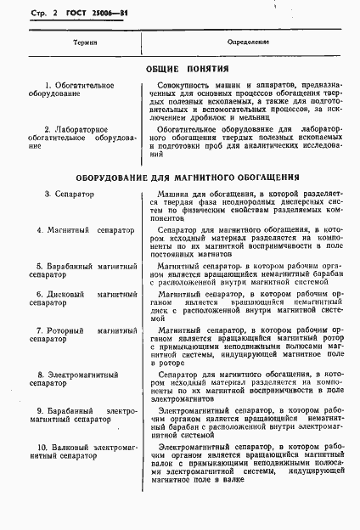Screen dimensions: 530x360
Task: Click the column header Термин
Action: click(x=72, y=42)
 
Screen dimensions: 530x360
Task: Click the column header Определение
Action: click(x=248, y=42)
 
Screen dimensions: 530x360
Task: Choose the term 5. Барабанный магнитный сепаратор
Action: click(x=72, y=271)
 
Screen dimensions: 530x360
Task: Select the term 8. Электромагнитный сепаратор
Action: click(x=72, y=378)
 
